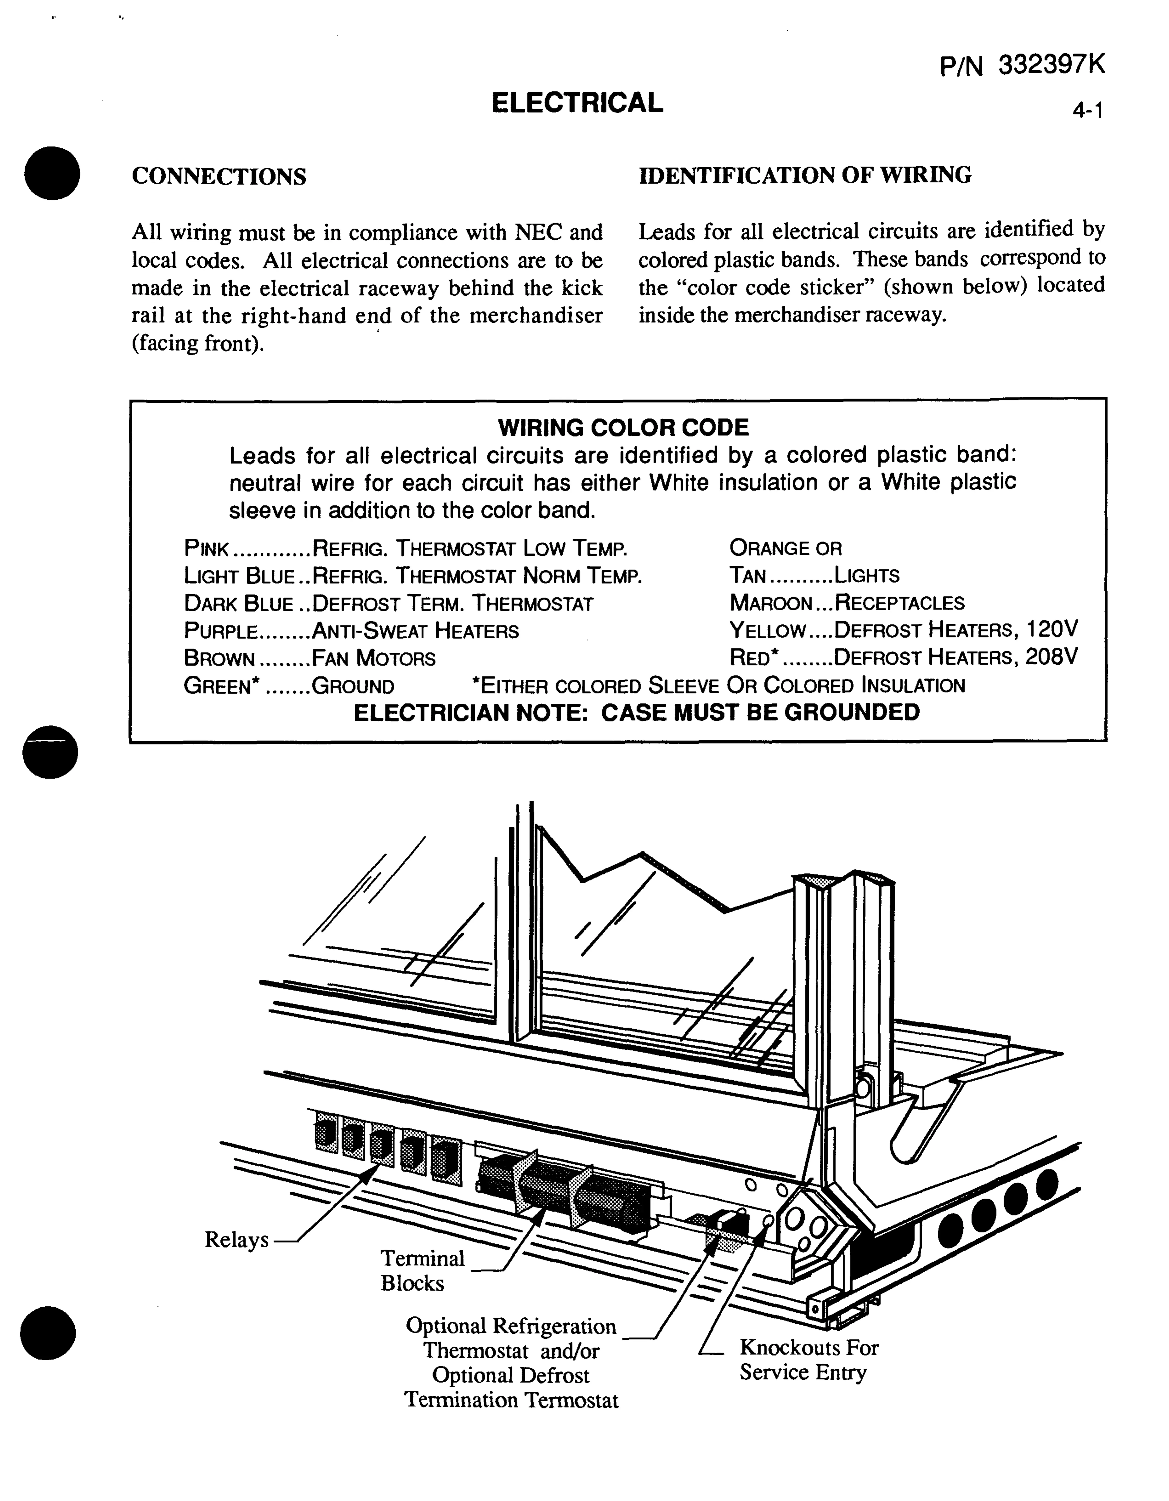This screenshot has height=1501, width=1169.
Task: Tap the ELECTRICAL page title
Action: coord(577,103)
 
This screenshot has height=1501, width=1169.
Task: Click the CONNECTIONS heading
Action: coord(219,177)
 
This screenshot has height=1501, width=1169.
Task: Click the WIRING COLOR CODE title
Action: coord(623,428)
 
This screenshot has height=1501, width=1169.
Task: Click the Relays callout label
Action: coord(236,1240)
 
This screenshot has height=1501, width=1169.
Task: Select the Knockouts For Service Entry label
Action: coord(808,1359)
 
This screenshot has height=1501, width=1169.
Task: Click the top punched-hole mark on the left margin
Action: coord(51,173)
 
